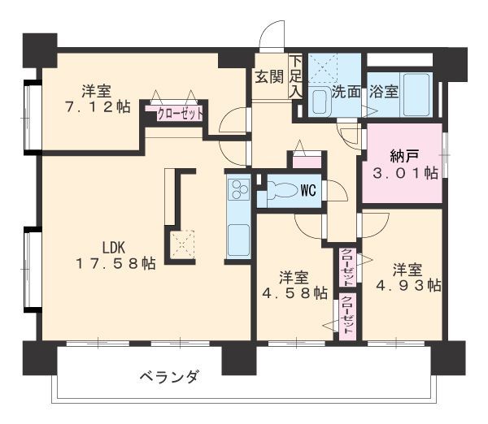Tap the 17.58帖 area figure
tap(116, 263)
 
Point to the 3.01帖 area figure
tap(403, 172)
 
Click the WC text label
tap(308, 191)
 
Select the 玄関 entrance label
tap(268, 77)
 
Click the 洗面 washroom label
tap(346, 91)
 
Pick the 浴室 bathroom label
tap(382, 91)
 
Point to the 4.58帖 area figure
tap(294, 292)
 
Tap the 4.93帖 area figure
tap(407, 285)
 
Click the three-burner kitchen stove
tap(240, 189)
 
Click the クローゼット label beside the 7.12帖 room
tap(179, 114)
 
